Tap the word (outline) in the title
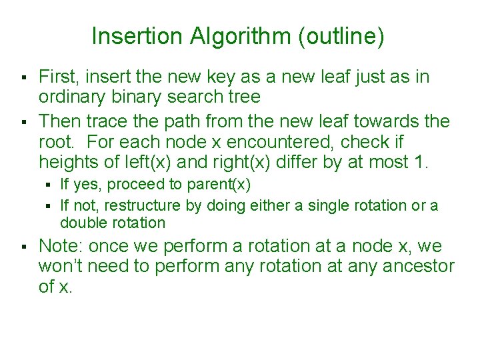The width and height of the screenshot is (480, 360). coord(342,37)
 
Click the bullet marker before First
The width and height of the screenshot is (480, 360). coord(23,77)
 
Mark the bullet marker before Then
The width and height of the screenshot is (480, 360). coord(23,123)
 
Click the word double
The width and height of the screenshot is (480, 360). coord(82,223)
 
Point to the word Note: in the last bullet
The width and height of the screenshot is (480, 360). coord(61,246)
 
